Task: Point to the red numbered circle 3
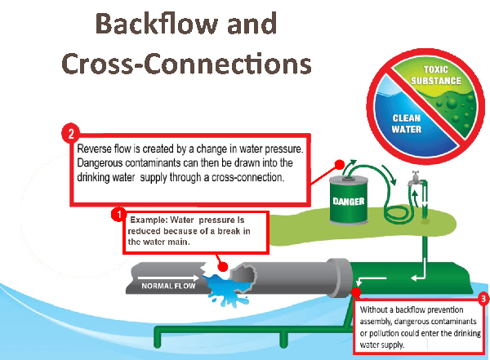coord(483,299)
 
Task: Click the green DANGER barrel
coord(353,197)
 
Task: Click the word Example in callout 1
coord(148,219)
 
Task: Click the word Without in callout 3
coord(379,312)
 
